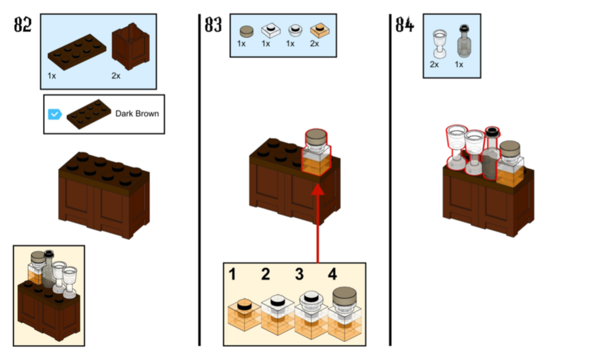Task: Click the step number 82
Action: click(23, 25)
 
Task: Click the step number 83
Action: click(213, 25)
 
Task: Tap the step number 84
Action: click(404, 25)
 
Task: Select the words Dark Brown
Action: click(137, 113)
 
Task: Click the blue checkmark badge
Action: click(55, 113)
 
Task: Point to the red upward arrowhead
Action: click(318, 188)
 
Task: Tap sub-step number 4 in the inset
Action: click(333, 274)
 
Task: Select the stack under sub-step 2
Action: click(276, 317)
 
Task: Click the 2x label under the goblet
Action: click(434, 65)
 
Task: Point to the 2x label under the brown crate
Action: click(116, 76)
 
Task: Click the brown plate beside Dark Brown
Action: click(89, 114)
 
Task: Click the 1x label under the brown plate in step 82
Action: click(53, 76)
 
